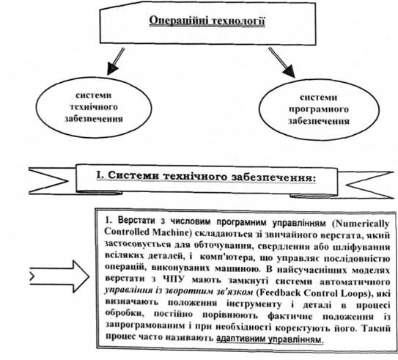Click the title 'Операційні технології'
207,21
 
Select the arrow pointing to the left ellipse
116,62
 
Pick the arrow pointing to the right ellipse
281,62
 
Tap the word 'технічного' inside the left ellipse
94,107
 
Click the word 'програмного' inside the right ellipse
319,109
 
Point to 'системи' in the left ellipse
94,95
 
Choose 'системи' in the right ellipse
319,98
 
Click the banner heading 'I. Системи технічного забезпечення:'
206,176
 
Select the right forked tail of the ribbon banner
366,184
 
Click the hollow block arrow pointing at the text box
59,276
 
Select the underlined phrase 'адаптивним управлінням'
270,339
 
